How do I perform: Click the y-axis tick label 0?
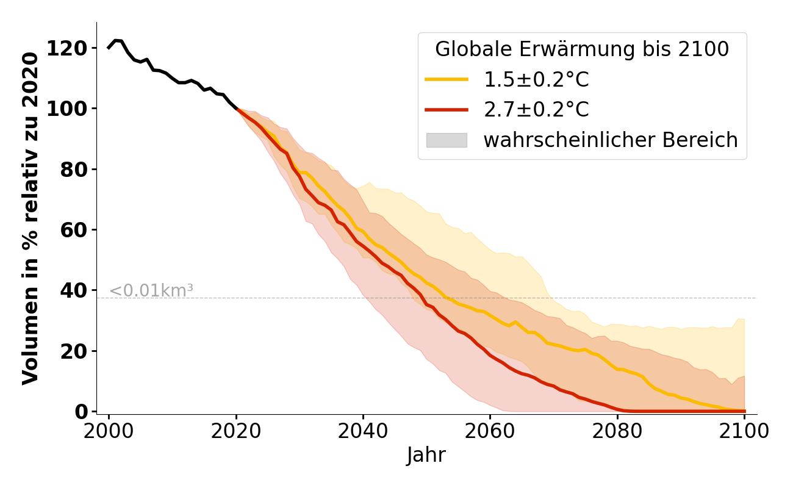(x=83, y=411)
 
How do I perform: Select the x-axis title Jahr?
(x=426, y=455)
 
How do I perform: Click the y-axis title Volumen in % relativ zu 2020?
(x=30, y=218)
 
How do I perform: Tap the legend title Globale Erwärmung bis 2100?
(x=582, y=49)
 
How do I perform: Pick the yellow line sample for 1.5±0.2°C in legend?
(x=447, y=79)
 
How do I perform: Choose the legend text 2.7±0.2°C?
(x=536, y=110)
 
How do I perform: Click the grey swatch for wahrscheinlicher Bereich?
(x=447, y=140)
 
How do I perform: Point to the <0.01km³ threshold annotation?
(x=151, y=291)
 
